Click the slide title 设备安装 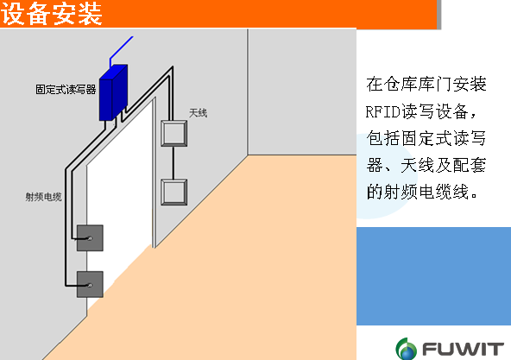(x=52, y=14)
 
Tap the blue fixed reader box (x=113, y=92)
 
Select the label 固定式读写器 (x=66, y=89)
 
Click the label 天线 (x=199, y=113)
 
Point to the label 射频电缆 (x=44, y=197)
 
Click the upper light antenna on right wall (x=174, y=133)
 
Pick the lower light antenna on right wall (x=174, y=192)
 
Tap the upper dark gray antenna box (x=90, y=238)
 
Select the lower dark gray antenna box (x=90, y=284)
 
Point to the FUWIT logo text (x=463, y=350)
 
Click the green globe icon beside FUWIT (x=406, y=349)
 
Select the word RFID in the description (x=383, y=112)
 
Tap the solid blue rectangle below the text (x=434, y=276)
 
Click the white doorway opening (x=119, y=202)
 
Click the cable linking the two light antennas (x=173, y=162)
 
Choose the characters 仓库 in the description (x=401, y=84)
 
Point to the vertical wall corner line (x=248, y=92)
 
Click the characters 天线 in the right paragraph (x=418, y=165)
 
